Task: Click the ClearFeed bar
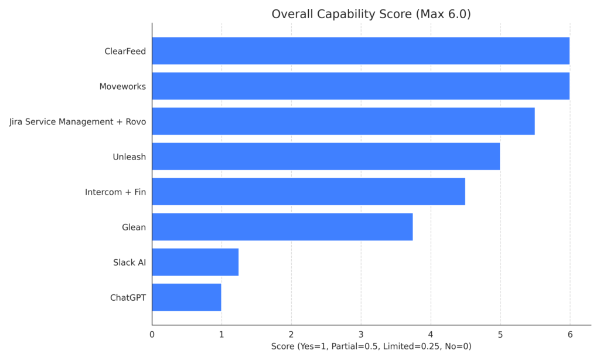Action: (x=360, y=51)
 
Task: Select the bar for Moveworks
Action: (x=360, y=86)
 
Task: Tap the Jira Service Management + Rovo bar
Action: (x=343, y=121)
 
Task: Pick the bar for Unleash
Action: (x=326, y=157)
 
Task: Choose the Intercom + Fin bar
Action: (x=308, y=192)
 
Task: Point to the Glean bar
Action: (x=282, y=227)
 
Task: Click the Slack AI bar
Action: (x=195, y=262)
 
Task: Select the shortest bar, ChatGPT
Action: (x=186, y=297)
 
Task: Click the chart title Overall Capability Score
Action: (x=371, y=14)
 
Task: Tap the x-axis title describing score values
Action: (x=371, y=347)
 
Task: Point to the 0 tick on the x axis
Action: (x=152, y=335)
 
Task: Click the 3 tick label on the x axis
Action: (x=361, y=335)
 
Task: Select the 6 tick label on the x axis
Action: (x=570, y=335)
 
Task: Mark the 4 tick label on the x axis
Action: (x=431, y=335)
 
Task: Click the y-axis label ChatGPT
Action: (x=128, y=297)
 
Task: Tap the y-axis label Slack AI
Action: (x=129, y=262)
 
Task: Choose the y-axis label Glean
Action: (x=134, y=227)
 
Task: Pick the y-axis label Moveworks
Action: (x=122, y=86)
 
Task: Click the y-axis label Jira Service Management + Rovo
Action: (x=77, y=121)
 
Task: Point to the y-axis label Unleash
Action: (x=129, y=157)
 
